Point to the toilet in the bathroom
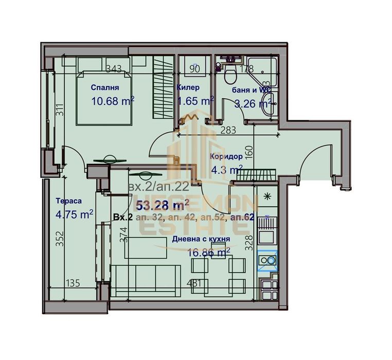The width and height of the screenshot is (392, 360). point(230,75)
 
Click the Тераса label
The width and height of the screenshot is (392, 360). point(68,201)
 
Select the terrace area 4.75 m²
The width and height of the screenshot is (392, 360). point(75,213)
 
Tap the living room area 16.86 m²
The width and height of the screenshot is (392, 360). point(208,252)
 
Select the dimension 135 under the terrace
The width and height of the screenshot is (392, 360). point(74,282)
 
